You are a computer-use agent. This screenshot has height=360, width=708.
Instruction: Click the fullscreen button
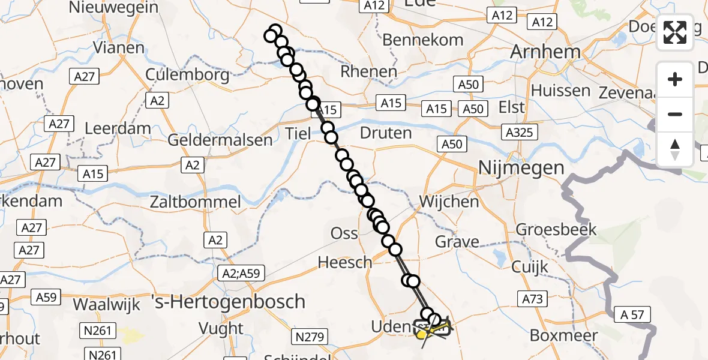point(675,32)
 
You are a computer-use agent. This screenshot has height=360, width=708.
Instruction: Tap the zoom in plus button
point(675,79)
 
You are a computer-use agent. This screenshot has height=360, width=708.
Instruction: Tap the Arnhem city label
point(545,52)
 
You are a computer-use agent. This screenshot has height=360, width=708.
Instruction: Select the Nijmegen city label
point(521,168)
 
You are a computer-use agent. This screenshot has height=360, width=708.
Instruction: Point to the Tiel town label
point(298,133)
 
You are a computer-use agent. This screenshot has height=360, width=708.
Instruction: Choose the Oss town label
point(344,233)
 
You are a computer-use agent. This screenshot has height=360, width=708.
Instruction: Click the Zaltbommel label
point(196,202)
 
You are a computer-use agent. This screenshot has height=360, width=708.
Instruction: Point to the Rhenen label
point(368,72)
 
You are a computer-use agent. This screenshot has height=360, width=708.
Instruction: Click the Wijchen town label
point(449,202)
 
